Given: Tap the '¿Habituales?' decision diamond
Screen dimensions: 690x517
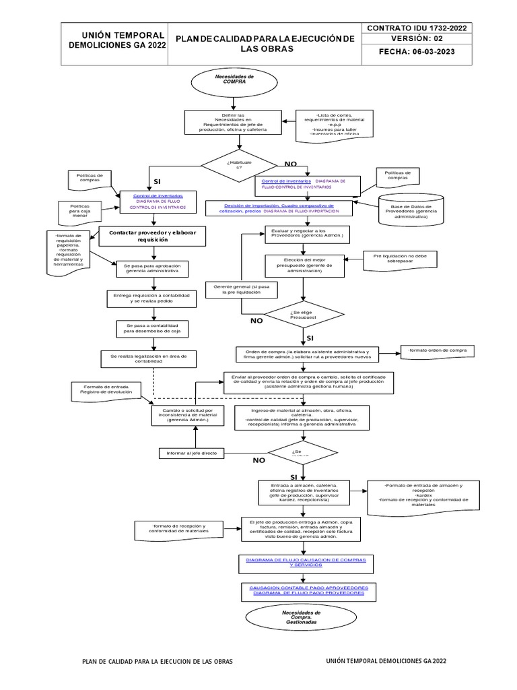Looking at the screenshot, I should pos(234,164).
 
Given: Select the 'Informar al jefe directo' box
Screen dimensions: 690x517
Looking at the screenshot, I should pos(192,453).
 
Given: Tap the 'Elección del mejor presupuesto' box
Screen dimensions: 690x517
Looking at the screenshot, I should pos(304,265).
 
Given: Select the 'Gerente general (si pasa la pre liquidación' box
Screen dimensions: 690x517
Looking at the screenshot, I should pos(236,290).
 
